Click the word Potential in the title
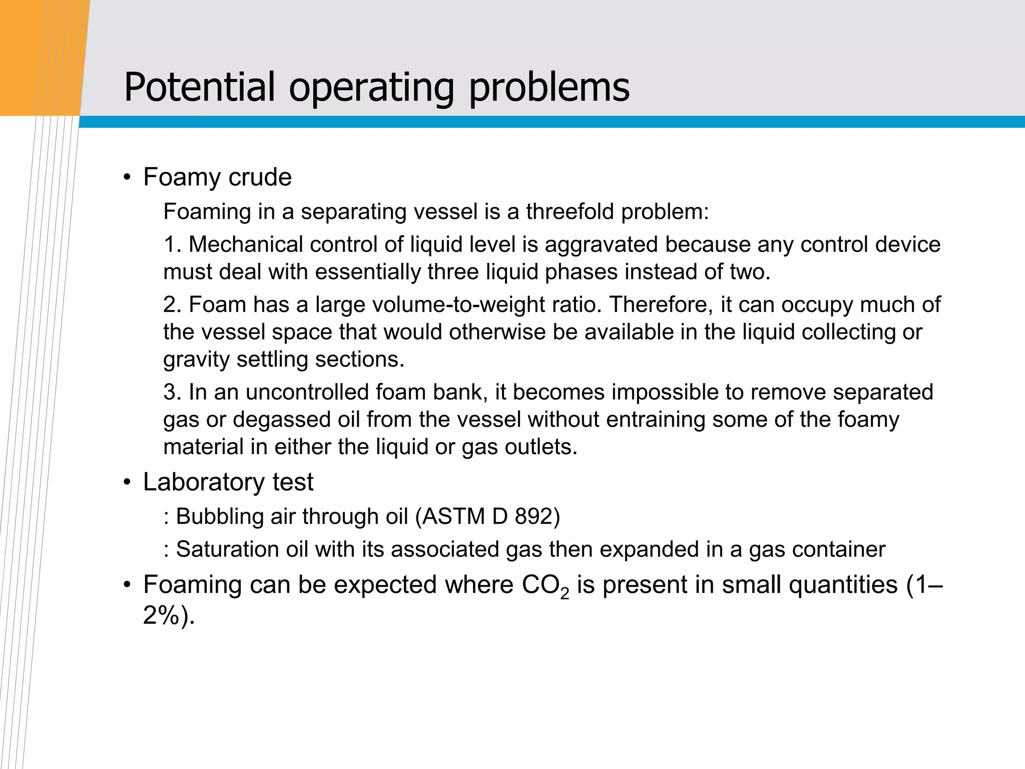(x=199, y=87)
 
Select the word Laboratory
(x=204, y=482)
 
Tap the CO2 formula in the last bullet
(x=545, y=585)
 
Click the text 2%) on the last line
(x=168, y=615)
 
